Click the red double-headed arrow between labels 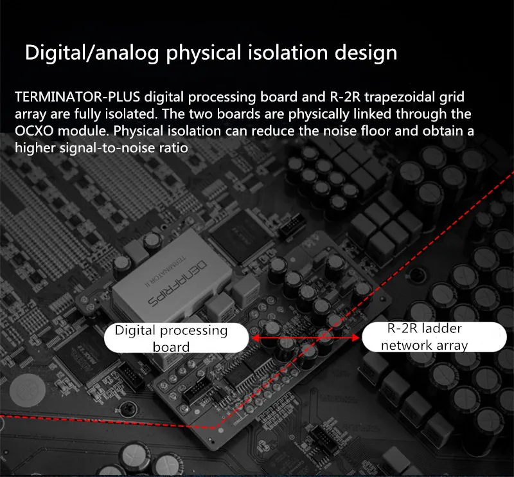tap(305, 337)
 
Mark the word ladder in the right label tap(440, 328)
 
